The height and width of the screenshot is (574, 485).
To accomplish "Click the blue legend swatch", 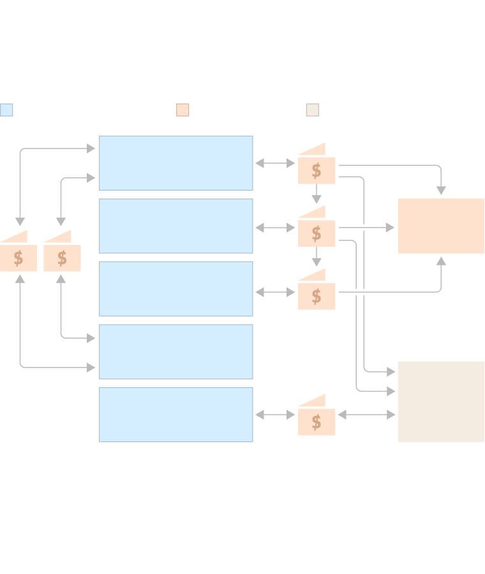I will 6,110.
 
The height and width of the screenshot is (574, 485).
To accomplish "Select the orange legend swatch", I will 183,110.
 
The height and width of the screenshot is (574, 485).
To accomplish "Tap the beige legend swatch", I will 313,110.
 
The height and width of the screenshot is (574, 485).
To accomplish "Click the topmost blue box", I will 175,163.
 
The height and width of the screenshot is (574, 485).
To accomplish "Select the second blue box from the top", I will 175,226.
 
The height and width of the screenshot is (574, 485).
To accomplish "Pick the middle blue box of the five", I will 175,288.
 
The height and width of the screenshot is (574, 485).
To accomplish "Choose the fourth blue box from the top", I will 175,351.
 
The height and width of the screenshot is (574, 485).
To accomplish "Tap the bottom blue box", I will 175,415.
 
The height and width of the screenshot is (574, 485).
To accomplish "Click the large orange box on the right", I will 441,226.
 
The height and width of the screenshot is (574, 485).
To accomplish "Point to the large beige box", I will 441,402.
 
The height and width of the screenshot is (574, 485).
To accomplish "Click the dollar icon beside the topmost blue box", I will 317,170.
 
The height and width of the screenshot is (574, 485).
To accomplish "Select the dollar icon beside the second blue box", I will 317,233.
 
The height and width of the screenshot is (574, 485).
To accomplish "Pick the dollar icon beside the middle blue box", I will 317,295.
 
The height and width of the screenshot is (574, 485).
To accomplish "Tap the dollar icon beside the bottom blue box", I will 317,422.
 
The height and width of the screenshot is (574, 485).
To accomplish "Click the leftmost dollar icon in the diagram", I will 19,257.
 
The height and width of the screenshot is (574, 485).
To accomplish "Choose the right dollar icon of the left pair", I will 62,257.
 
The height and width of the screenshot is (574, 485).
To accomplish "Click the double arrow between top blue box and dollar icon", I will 275,163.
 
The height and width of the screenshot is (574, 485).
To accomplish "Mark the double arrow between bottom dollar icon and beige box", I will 366,415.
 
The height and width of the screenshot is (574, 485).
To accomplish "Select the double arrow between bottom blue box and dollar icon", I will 275,415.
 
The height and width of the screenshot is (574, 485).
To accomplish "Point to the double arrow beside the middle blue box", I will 275,292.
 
